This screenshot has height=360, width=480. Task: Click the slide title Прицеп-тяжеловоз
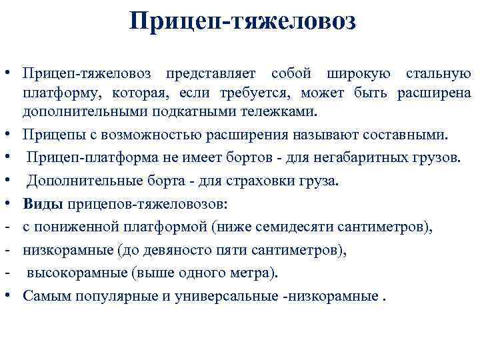pos(243,21)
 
